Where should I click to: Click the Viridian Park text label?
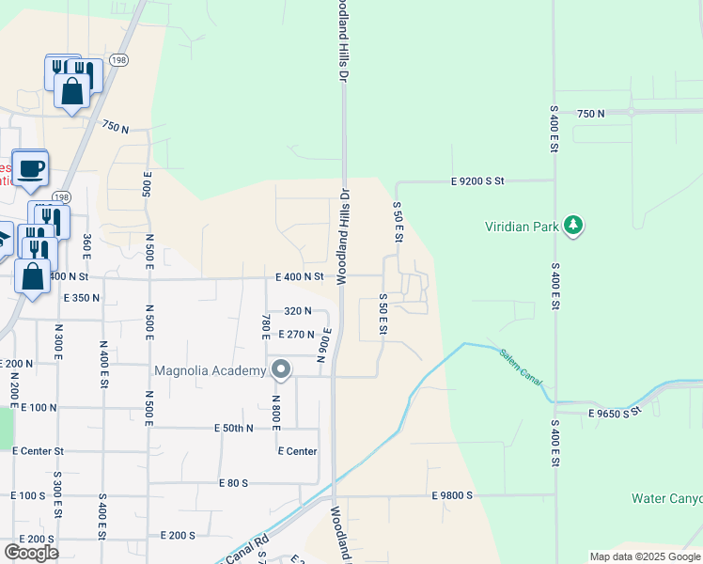point(522,227)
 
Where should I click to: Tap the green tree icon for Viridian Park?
point(572,226)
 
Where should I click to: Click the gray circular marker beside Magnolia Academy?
point(280,369)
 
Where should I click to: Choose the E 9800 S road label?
point(464,495)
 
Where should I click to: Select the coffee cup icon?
point(30,168)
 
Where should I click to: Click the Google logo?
point(32,552)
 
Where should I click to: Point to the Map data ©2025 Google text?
point(645,556)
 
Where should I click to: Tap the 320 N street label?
point(297,311)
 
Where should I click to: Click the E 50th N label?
point(224,428)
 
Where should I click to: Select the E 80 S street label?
point(233,483)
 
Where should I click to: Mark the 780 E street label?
point(266,329)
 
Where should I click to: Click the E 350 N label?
point(82,298)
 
